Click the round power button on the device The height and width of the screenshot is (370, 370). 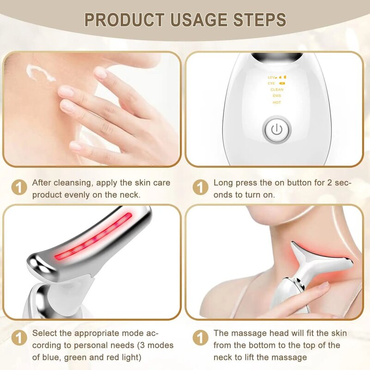tap(277, 129)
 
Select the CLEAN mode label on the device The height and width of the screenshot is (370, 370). tap(277, 90)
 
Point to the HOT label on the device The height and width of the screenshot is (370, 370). tap(277, 102)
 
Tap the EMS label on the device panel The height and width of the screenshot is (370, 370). tap(277, 96)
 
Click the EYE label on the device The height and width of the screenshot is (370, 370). tap(271, 83)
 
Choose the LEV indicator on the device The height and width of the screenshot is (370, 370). tap(272, 77)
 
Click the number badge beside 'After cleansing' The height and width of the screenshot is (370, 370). tap(18, 188)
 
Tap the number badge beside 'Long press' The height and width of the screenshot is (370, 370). tap(200, 188)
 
